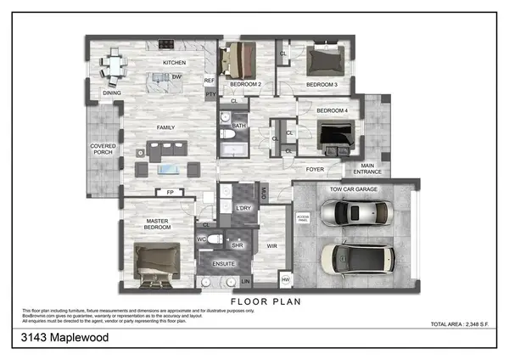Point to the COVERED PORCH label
103,150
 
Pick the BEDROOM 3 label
322,85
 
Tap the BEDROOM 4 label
332,111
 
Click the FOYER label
315,168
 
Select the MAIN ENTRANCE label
367,169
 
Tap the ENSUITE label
223,264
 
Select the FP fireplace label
171,193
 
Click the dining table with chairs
115,65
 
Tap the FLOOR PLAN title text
266,301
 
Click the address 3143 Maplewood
64,338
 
